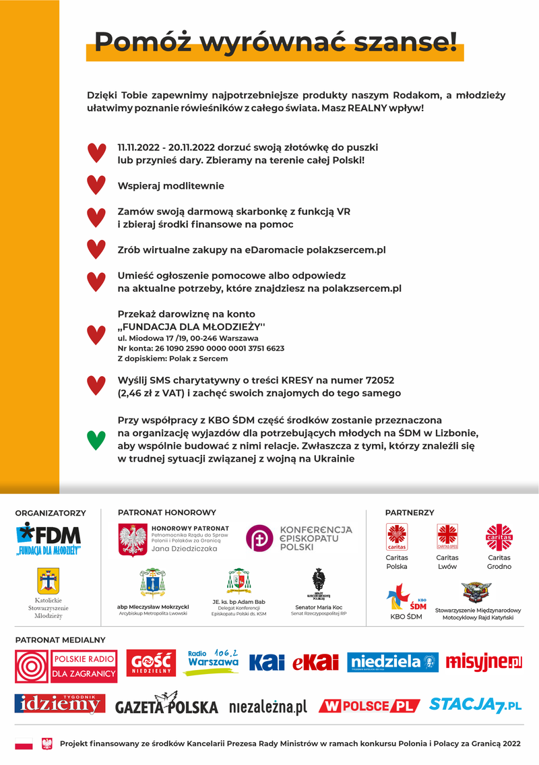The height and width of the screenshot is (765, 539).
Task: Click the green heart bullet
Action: (96, 439)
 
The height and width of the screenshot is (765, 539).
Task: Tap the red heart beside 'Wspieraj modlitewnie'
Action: (96, 185)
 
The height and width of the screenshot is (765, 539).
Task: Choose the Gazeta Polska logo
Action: (166, 705)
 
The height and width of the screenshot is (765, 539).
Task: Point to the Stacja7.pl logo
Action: (476, 705)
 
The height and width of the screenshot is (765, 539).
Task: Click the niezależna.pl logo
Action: (267, 707)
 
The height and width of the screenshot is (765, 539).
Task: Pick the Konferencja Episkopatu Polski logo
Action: (298, 538)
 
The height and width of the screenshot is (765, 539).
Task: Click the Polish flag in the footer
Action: (24, 744)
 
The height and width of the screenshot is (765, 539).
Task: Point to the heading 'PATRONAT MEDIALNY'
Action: (60, 640)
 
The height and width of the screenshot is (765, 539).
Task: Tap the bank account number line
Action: (201, 348)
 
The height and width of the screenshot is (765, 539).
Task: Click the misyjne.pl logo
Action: (484, 663)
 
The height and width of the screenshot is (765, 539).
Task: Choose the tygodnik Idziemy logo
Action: (59, 704)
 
